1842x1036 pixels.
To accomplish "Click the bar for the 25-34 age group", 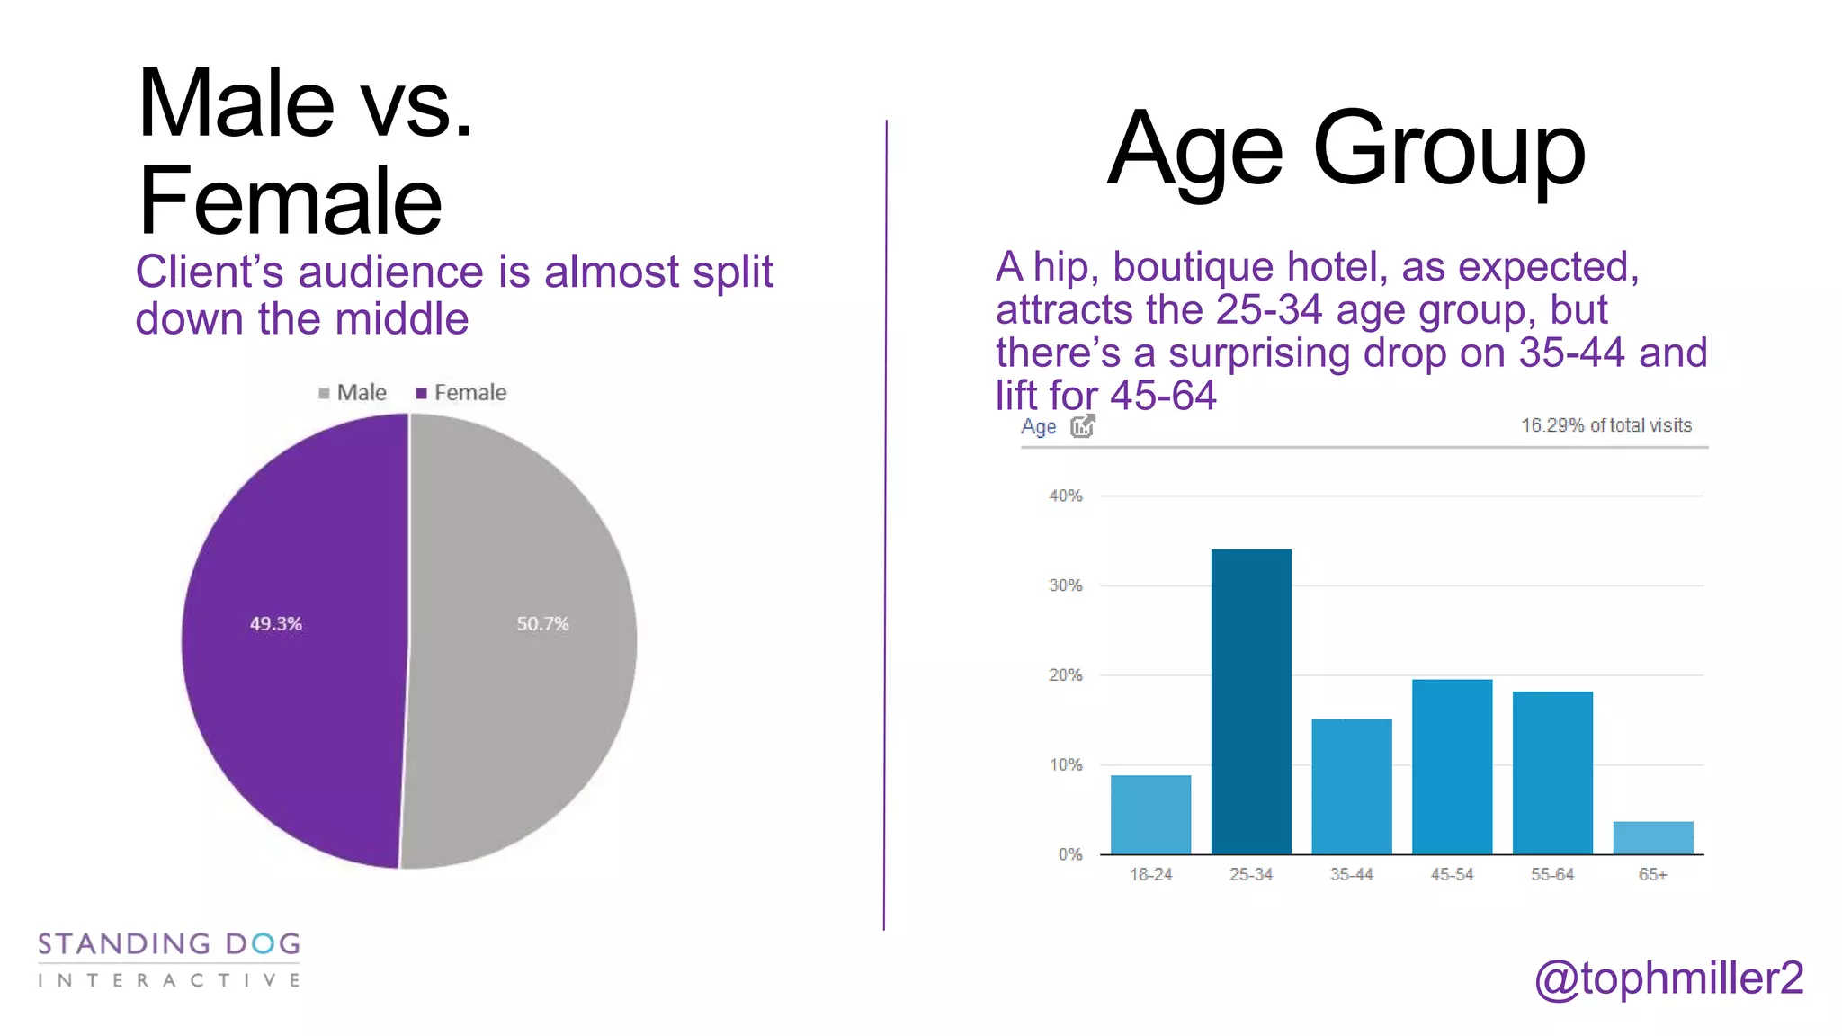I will pos(1251,701).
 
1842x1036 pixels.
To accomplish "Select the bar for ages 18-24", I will pos(1150,815).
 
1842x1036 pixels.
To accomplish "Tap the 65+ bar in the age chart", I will pos(1652,837).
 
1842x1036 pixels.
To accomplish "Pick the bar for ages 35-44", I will pos(1351,787).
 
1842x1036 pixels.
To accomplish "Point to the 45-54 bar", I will pos(1452,767).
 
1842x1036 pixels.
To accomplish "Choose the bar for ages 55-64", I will pos(1552,773).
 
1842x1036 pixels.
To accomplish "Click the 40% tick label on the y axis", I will pos(1066,496).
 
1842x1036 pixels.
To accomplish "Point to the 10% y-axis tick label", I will pos(1066,764).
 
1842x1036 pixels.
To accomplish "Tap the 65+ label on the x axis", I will pos(1652,874).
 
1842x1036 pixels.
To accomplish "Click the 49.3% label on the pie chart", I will pos(276,623).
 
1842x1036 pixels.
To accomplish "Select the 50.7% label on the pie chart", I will pos(542,623).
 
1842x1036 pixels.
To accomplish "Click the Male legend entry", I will pos(353,393).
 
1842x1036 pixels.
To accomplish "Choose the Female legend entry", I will pos(461,393).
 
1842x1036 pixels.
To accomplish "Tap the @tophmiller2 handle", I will pos(1668,978).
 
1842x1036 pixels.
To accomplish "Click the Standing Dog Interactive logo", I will pos(169,960).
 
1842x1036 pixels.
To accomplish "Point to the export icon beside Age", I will pos(1083,425).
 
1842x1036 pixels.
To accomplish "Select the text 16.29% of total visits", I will pos(1605,425).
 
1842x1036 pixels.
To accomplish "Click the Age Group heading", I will pos(1346,150).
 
